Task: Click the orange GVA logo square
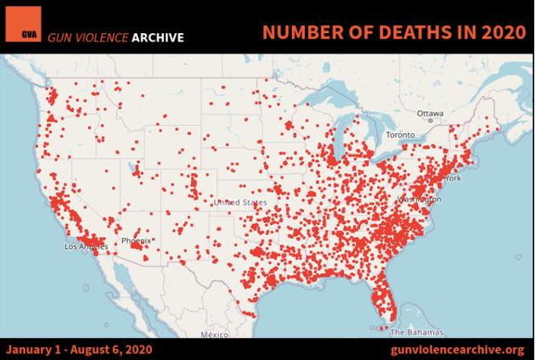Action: (23, 24)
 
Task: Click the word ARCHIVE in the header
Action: (157, 37)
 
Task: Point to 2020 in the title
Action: (493, 32)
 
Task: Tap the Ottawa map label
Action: (430, 114)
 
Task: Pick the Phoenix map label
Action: (136, 241)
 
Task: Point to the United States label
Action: (239, 203)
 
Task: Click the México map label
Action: (215, 335)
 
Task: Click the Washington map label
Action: (419, 199)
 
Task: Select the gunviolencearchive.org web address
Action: (457, 349)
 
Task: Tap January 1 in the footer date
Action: (34, 349)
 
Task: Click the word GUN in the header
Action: (59, 37)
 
